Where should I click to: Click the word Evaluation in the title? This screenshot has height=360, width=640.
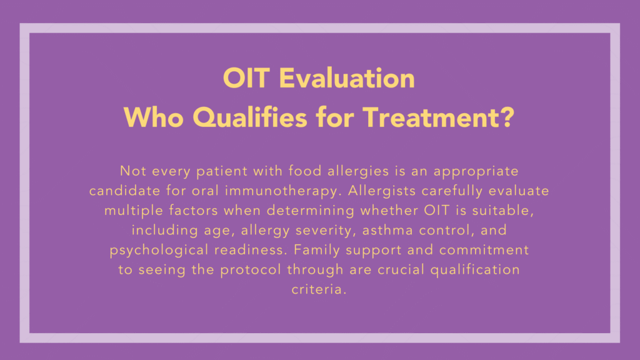tap(347, 79)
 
